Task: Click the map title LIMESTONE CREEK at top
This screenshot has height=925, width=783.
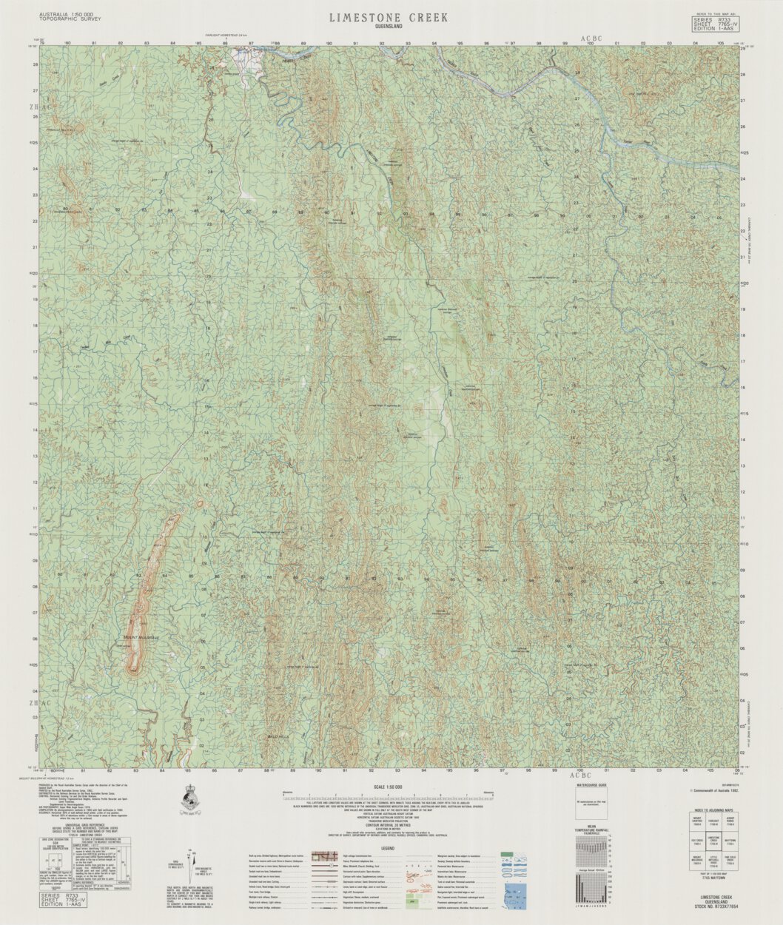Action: point(389,17)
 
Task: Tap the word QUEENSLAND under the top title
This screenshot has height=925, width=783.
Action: point(389,26)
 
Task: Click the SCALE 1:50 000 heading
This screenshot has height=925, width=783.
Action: point(389,787)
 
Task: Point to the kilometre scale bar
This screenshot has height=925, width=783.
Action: point(389,798)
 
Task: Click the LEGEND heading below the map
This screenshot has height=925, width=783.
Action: point(388,848)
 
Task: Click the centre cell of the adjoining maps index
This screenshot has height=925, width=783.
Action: point(714,842)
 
